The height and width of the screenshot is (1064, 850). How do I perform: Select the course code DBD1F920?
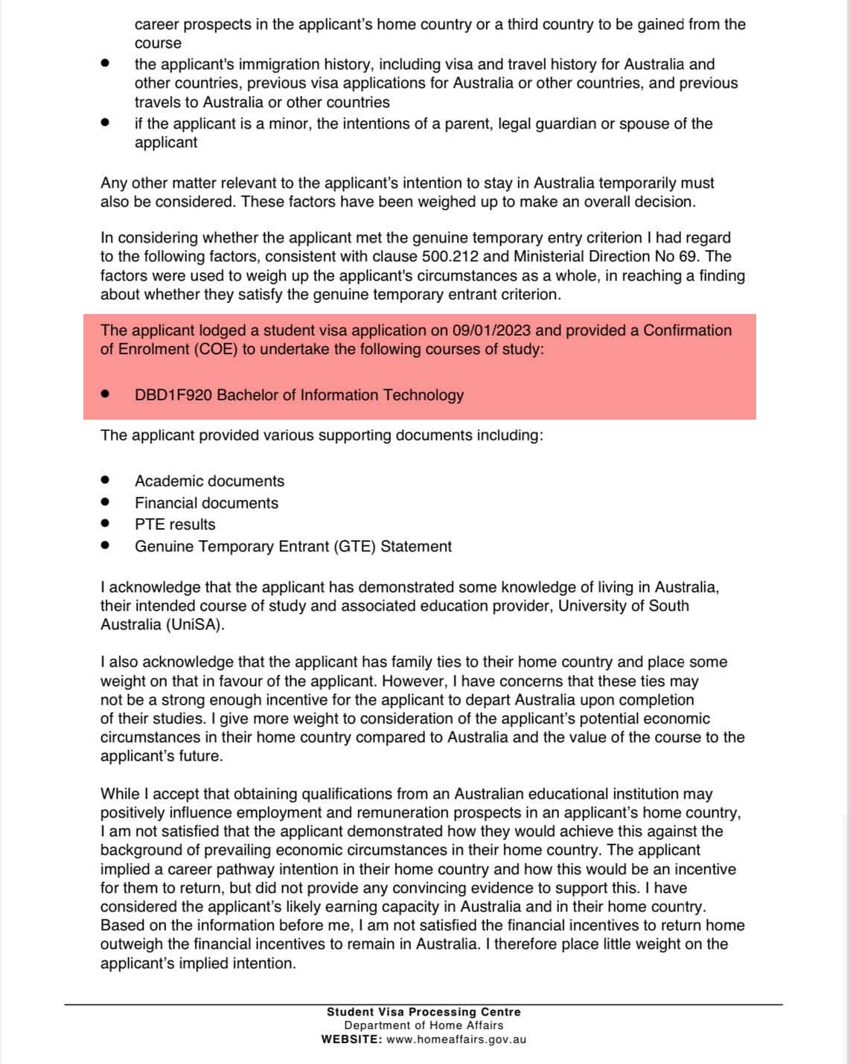click(173, 395)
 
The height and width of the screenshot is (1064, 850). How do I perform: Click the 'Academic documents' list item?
click(209, 481)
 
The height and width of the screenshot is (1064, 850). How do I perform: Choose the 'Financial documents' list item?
click(206, 503)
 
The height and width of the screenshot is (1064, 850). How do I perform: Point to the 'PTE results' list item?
click(175, 525)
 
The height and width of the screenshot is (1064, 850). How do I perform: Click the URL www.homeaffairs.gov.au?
click(456, 1039)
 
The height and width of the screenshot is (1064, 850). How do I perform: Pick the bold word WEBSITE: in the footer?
click(351, 1039)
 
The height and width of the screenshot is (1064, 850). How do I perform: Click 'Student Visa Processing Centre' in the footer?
click(424, 1012)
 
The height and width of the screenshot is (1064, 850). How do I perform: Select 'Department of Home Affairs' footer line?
click(424, 1025)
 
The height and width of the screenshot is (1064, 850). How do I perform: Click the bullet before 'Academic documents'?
click(106, 481)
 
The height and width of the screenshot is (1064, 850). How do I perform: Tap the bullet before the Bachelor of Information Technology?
click(106, 394)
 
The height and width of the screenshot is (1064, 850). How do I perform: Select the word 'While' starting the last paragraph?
click(120, 795)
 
